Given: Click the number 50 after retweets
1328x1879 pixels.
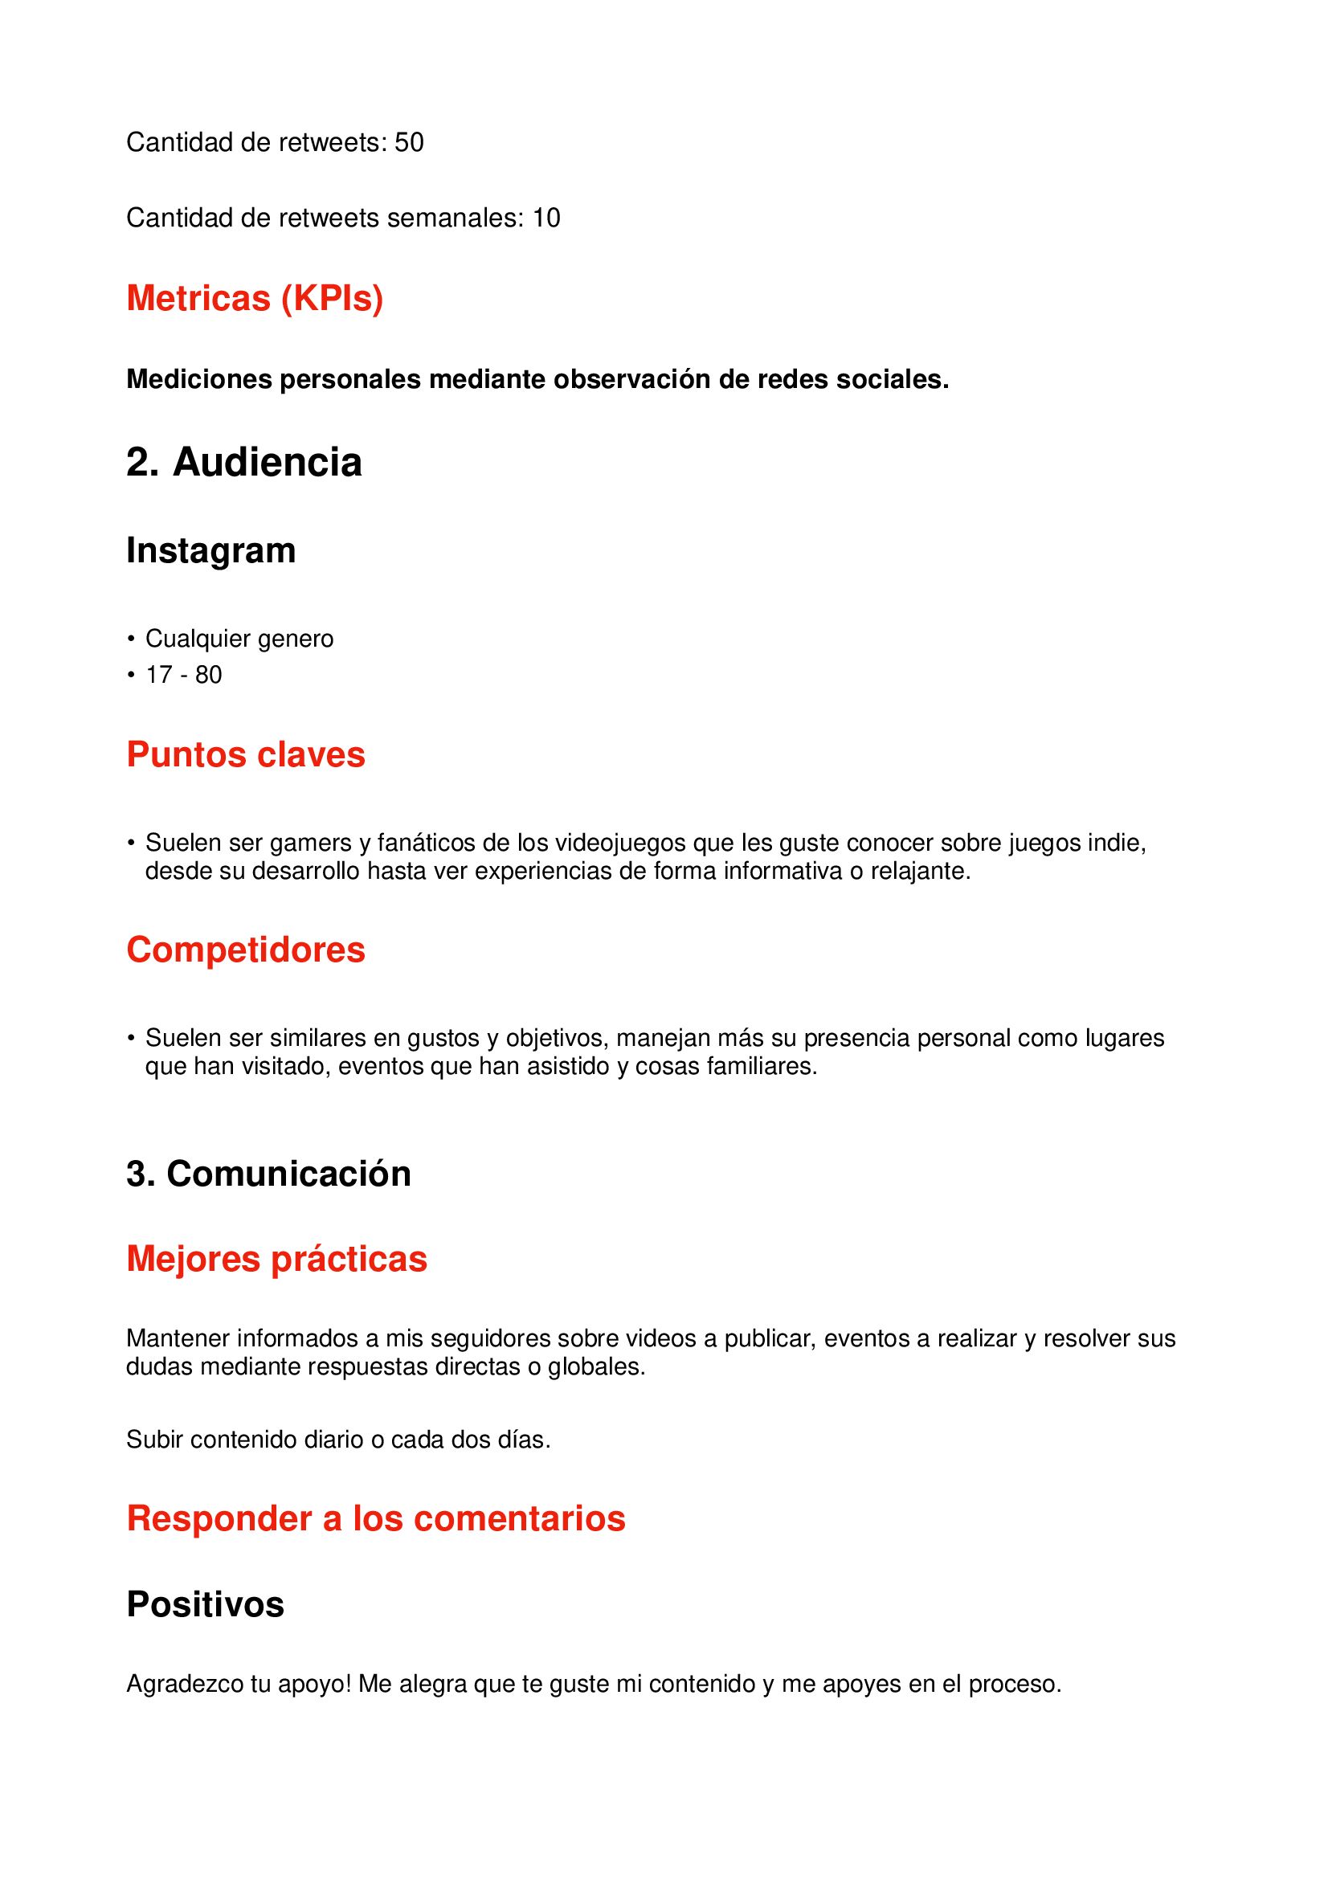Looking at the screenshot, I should point(409,142).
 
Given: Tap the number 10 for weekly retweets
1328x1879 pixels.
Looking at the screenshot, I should point(546,218).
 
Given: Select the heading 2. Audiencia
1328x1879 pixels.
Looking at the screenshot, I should point(244,463).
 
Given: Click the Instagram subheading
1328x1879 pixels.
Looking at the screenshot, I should point(210,551).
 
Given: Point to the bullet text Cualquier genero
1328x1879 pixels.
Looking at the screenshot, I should point(239,639).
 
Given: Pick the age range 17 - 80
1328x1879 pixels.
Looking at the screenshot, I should point(183,674).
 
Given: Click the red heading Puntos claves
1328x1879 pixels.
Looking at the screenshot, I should point(246,754).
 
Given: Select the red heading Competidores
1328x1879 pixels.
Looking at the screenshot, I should point(246,950).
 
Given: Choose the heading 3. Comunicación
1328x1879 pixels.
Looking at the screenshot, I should point(268,1174).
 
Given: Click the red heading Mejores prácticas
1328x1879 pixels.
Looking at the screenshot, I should point(276,1259).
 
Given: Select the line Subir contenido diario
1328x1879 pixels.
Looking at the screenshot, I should point(338,1440).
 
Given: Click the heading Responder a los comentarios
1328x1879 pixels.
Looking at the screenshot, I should point(375,1518).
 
